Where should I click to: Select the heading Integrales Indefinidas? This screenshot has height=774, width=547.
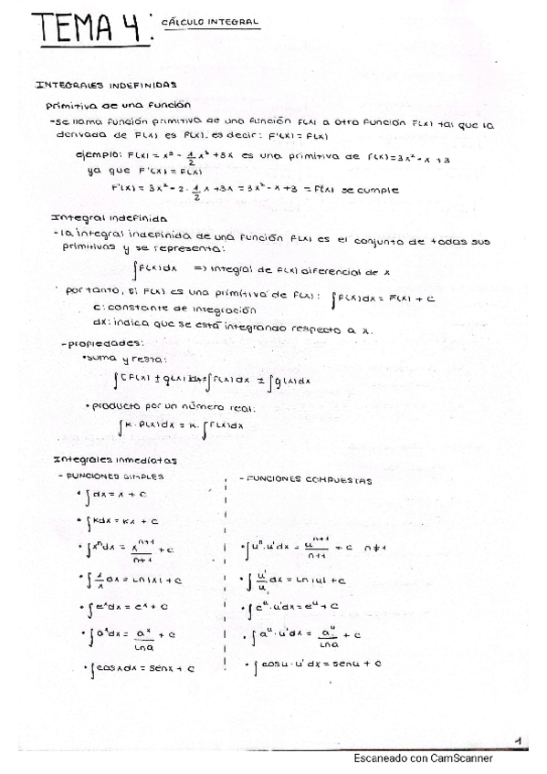(107, 85)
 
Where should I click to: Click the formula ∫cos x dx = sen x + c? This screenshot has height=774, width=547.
(143, 669)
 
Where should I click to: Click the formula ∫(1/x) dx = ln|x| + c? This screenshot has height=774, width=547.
(132, 579)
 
